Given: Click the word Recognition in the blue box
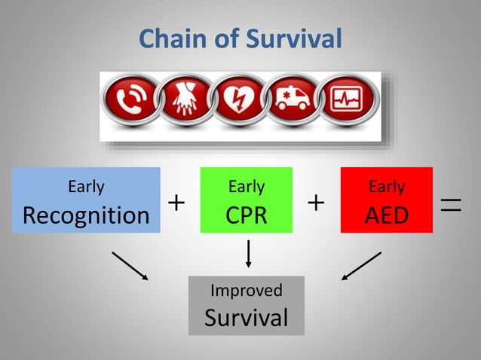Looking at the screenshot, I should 86,215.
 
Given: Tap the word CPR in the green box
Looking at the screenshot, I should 247,215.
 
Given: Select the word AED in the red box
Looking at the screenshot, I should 387,215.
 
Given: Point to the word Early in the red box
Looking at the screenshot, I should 387,187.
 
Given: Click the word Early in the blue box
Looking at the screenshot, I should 86,186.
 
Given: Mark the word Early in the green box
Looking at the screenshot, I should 247,186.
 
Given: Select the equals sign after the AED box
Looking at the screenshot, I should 452,203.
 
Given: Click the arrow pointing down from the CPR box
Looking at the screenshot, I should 247,253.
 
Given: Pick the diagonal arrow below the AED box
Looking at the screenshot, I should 361,266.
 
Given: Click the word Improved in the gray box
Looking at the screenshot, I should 247,291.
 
